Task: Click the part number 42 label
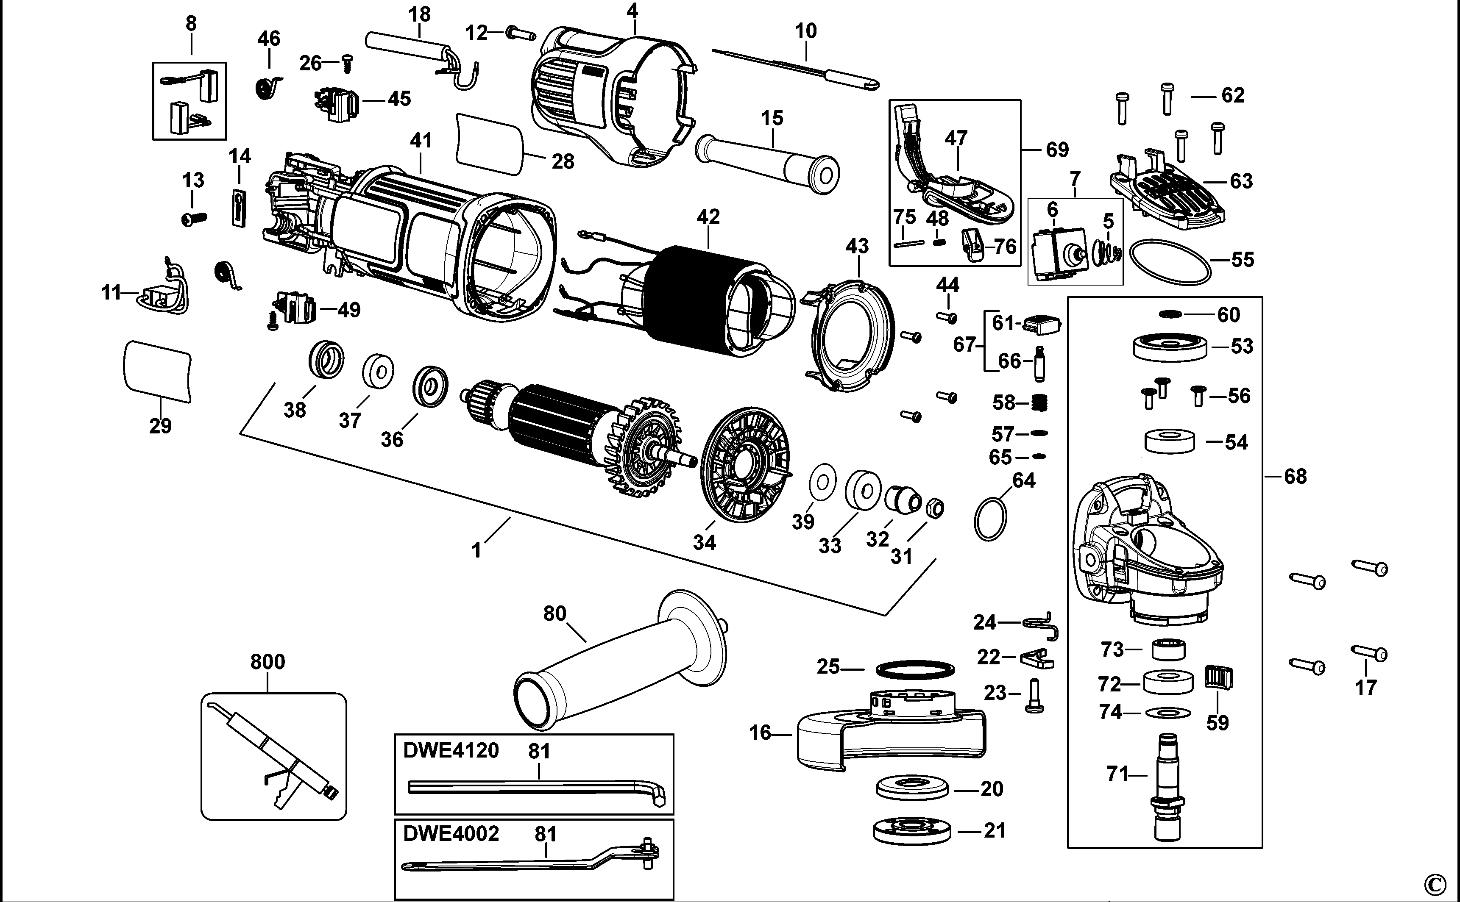pyautogui.click(x=708, y=216)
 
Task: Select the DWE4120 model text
pyautogui.click(x=451, y=750)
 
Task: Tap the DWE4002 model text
pyautogui.click(x=451, y=833)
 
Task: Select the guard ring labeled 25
pyautogui.click(x=915, y=669)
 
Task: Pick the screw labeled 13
pyautogui.click(x=193, y=219)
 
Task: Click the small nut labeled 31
pyautogui.click(x=935, y=509)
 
